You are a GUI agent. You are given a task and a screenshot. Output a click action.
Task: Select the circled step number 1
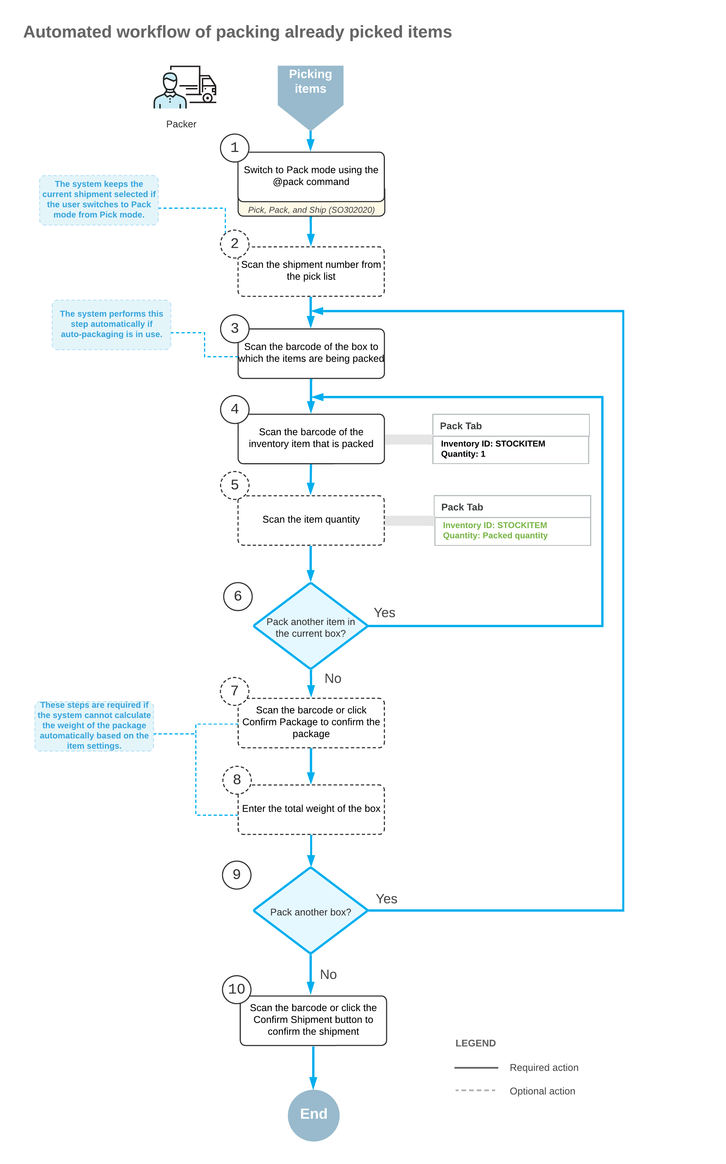(x=234, y=147)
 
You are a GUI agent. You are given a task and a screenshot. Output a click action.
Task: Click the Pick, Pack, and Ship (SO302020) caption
(x=311, y=210)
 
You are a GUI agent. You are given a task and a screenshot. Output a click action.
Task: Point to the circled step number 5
(x=234, y=485)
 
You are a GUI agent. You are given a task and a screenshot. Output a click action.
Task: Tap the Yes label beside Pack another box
(x=386, y=899)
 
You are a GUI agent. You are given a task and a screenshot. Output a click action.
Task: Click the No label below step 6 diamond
(x=333, y=679)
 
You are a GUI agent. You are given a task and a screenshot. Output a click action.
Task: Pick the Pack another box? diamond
(x=311, y=911)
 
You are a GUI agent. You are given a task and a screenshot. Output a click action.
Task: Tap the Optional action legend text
(x=542, y=1091)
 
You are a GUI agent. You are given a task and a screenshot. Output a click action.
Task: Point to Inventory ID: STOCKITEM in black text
(x=493, y=444)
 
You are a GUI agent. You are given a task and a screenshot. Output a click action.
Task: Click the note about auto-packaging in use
(x=111, y=324)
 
